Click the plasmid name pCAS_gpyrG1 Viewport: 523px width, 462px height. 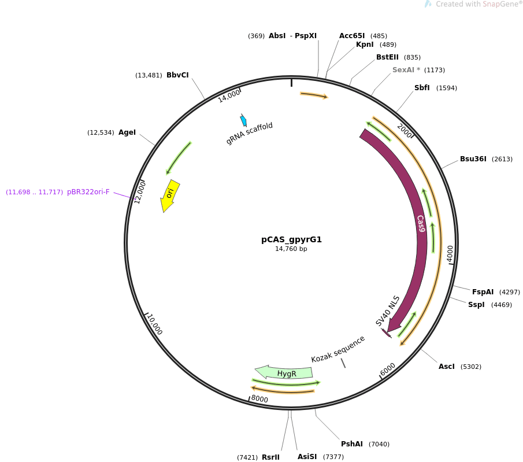[x=291, y=239]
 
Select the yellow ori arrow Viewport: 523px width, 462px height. [x=169, y=195]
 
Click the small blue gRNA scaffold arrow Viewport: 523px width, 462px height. [x=243, y=120]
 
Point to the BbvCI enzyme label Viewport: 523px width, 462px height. [x=177, y=75]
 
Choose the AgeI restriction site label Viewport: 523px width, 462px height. [x=127, y=132]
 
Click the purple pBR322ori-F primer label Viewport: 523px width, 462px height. [x=88, y=192]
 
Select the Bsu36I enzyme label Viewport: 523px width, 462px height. [x=473, y=159]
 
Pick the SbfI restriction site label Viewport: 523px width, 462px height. [x=422, y=88]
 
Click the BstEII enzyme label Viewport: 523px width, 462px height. [x=387, y=57]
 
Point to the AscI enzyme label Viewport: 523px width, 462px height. [x=447, y=367]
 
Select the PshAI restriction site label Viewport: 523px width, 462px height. [x=352, y=444]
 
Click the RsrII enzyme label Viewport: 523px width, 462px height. [x=270, y=457]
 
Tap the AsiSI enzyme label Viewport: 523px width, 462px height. [x=307, y=457]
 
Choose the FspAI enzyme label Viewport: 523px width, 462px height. [x=483, y=292]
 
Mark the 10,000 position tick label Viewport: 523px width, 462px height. [x=155, y=324]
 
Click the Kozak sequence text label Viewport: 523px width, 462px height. [x=338, y=349]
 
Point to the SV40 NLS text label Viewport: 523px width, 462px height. [x=387, y=311]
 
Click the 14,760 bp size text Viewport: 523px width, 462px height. [x=291, y=249]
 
